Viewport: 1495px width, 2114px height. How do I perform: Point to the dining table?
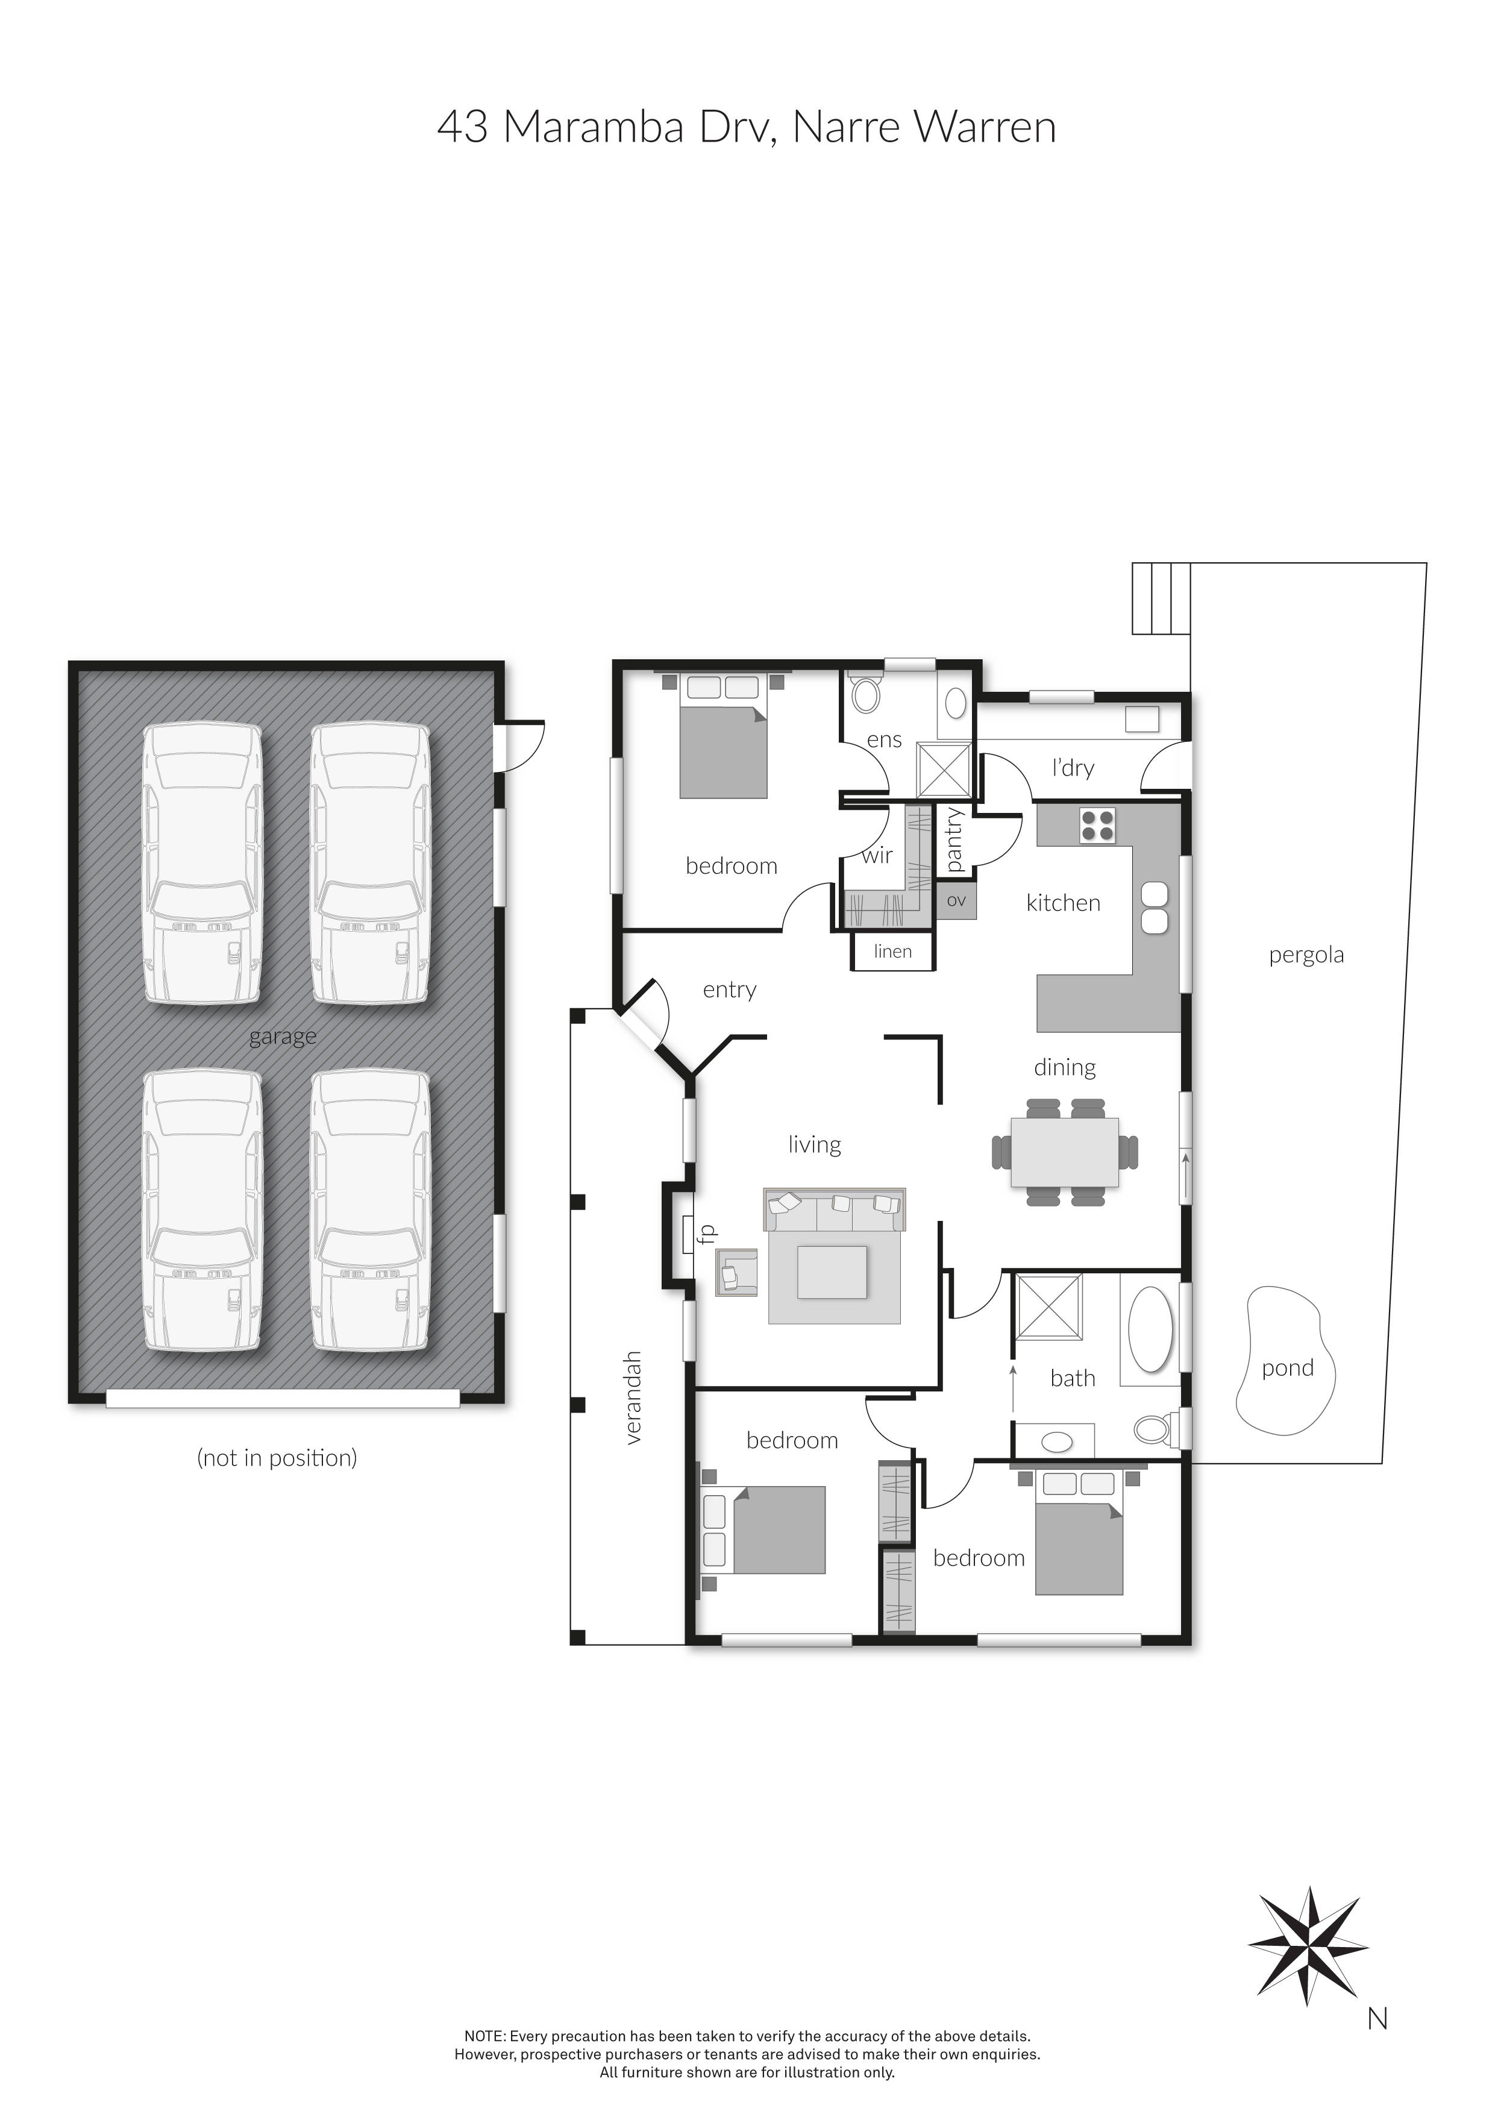1065,1151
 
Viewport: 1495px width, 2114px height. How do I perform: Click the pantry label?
954,839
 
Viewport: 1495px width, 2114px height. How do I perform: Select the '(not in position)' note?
277,1458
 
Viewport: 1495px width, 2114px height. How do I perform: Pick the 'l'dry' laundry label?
1073,768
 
